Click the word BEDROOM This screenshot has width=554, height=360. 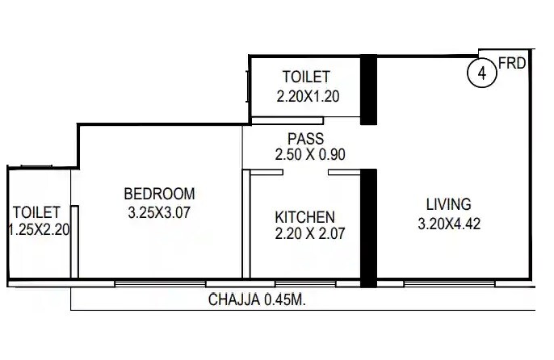159,194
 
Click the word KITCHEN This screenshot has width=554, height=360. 304,217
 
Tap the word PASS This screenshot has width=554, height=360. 305,140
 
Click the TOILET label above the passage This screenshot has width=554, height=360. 306,77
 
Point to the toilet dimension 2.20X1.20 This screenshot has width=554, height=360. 306,95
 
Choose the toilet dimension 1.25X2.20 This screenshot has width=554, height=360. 39,229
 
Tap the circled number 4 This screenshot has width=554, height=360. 481,73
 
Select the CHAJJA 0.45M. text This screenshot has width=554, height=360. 261,299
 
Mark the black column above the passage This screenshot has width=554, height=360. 368,89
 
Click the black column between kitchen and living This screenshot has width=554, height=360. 368,228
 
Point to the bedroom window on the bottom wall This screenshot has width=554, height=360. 159,283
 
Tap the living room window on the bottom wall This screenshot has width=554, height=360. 449,283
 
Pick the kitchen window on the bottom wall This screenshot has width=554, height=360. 304,283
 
